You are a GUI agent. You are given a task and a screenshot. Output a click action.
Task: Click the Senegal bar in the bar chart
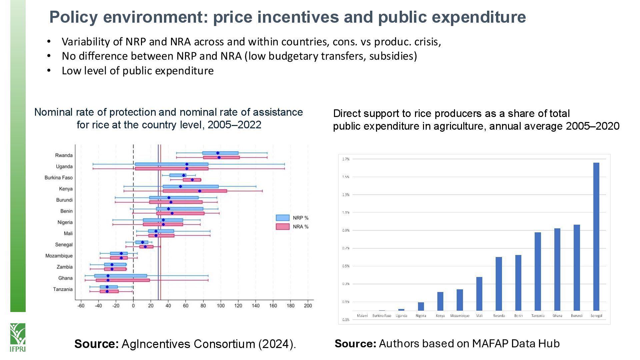596,236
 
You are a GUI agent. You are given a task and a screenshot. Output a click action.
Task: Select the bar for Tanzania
538,271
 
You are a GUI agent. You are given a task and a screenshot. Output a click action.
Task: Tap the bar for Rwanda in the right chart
499,284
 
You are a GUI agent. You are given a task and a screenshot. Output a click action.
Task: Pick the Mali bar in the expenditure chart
479,294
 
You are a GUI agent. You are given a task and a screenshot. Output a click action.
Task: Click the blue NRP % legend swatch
282,218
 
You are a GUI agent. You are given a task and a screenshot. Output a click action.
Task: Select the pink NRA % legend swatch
282,227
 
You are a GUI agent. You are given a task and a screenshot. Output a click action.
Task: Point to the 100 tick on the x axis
221,306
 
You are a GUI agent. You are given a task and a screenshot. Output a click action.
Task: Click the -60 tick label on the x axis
81,306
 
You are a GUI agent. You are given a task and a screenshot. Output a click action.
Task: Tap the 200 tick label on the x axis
308,306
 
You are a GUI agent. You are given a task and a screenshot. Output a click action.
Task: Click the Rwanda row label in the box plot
64,155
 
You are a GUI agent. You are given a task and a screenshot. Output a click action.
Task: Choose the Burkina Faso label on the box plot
58,178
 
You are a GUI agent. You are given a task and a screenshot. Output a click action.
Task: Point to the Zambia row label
64,267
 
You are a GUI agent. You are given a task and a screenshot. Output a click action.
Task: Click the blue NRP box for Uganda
172,164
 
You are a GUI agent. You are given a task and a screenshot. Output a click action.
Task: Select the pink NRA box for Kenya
195,191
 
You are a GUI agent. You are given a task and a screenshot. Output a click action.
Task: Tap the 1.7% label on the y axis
346,159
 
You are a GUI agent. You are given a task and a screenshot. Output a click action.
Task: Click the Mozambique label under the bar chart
460,316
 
